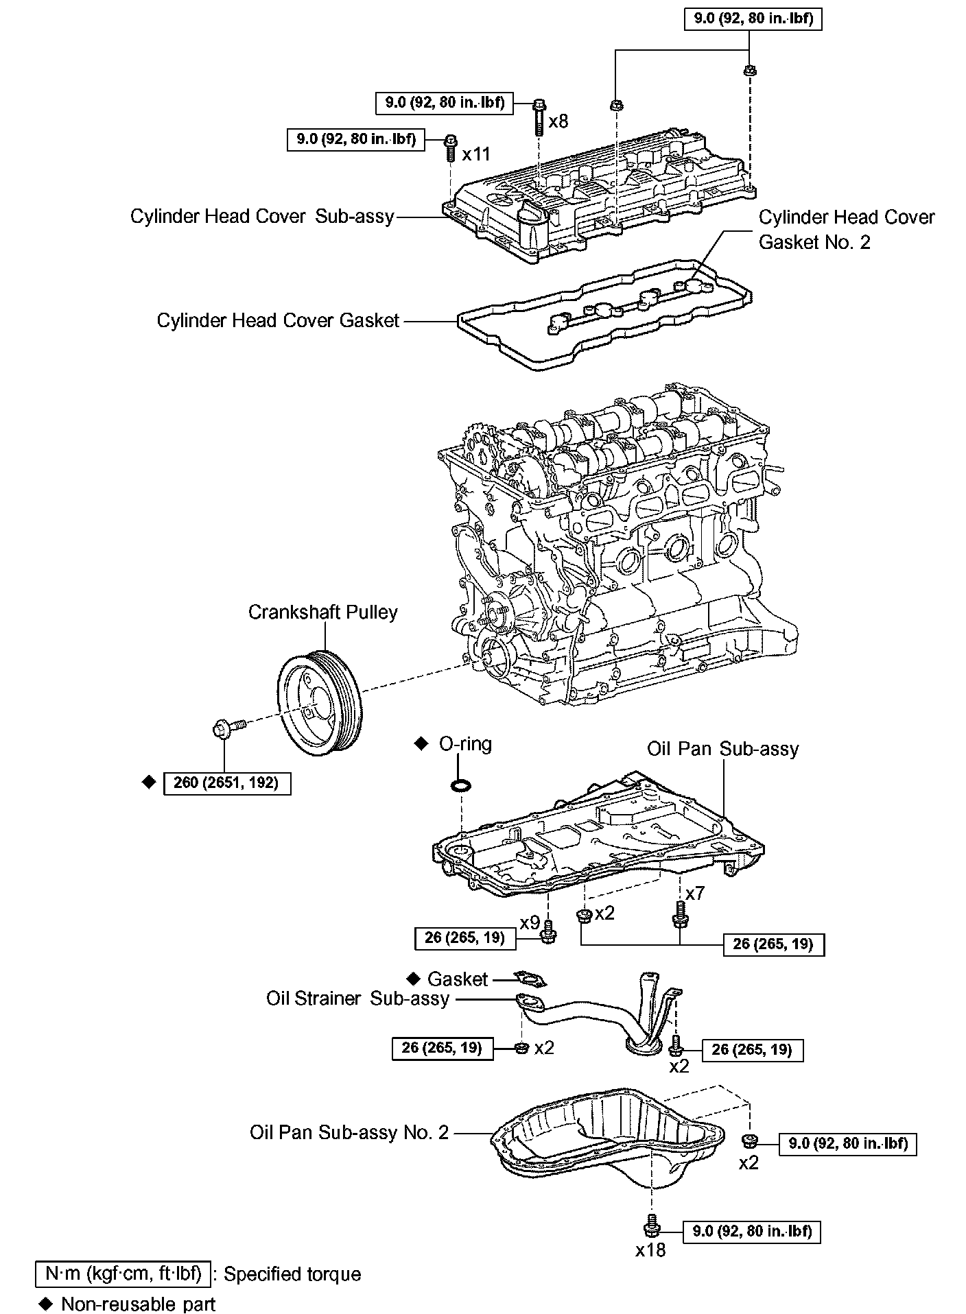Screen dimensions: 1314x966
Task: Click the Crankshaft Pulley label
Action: point(322,612)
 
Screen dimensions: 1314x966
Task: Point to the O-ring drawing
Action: point(462,785)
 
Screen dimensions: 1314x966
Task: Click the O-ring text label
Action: point(465,744)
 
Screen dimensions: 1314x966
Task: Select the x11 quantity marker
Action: point(476,154)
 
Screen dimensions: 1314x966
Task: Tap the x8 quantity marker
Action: point(558,121)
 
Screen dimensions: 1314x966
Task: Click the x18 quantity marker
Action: point(650,1250)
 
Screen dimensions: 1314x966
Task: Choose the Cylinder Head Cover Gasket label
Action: point(278,320)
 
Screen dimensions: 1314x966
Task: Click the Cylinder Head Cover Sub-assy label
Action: point(262,217)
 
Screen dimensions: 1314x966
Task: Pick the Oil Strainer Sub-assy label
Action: point(357,999)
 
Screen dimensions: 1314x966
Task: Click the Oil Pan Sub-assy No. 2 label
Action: point(349,1132)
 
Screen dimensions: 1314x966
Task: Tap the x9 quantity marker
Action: point(530,923)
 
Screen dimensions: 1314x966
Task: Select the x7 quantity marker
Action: point(695,893)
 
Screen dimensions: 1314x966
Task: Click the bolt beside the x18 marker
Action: point(650,1224)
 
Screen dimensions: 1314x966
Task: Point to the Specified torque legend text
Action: point(292,1274)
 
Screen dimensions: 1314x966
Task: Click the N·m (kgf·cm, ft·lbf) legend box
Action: point(123,1274)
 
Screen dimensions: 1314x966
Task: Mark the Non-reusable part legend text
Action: point(138,1304)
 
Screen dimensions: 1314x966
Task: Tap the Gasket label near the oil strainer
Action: point(458,979)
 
